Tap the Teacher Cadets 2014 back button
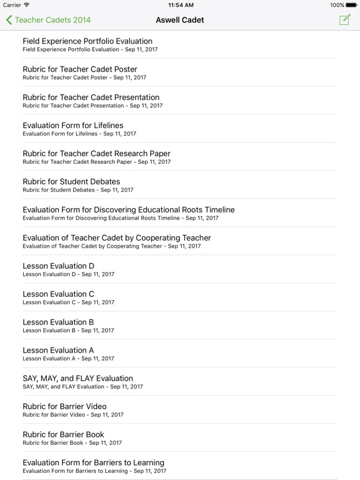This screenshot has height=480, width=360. [49, 20]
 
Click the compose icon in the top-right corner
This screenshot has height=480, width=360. [345, 20]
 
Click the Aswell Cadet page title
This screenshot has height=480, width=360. [180, 20]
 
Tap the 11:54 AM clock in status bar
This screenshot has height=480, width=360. [180, 5]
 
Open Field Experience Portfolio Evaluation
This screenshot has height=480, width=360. [88, 44]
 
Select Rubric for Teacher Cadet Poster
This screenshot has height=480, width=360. [80, 72]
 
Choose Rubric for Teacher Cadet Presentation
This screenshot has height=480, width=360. [91, 100]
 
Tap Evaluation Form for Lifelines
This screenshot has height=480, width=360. [73, 129]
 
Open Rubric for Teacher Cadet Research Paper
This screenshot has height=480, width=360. [97, 157]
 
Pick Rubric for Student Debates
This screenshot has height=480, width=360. [71, 185]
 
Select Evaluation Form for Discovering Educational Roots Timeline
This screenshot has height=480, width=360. [129, 213]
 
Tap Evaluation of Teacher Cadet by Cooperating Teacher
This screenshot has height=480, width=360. [116, 241]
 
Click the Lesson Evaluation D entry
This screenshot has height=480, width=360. [58, 269]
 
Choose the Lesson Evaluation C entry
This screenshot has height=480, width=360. [58, 298]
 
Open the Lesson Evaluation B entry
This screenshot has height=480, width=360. [58, 326]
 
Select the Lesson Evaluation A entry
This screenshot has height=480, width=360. [58, 354]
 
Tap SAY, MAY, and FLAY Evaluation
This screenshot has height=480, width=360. [78, 382]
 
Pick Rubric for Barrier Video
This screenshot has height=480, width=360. [65, 410]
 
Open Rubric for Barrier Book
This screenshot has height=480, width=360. [63, 438]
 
